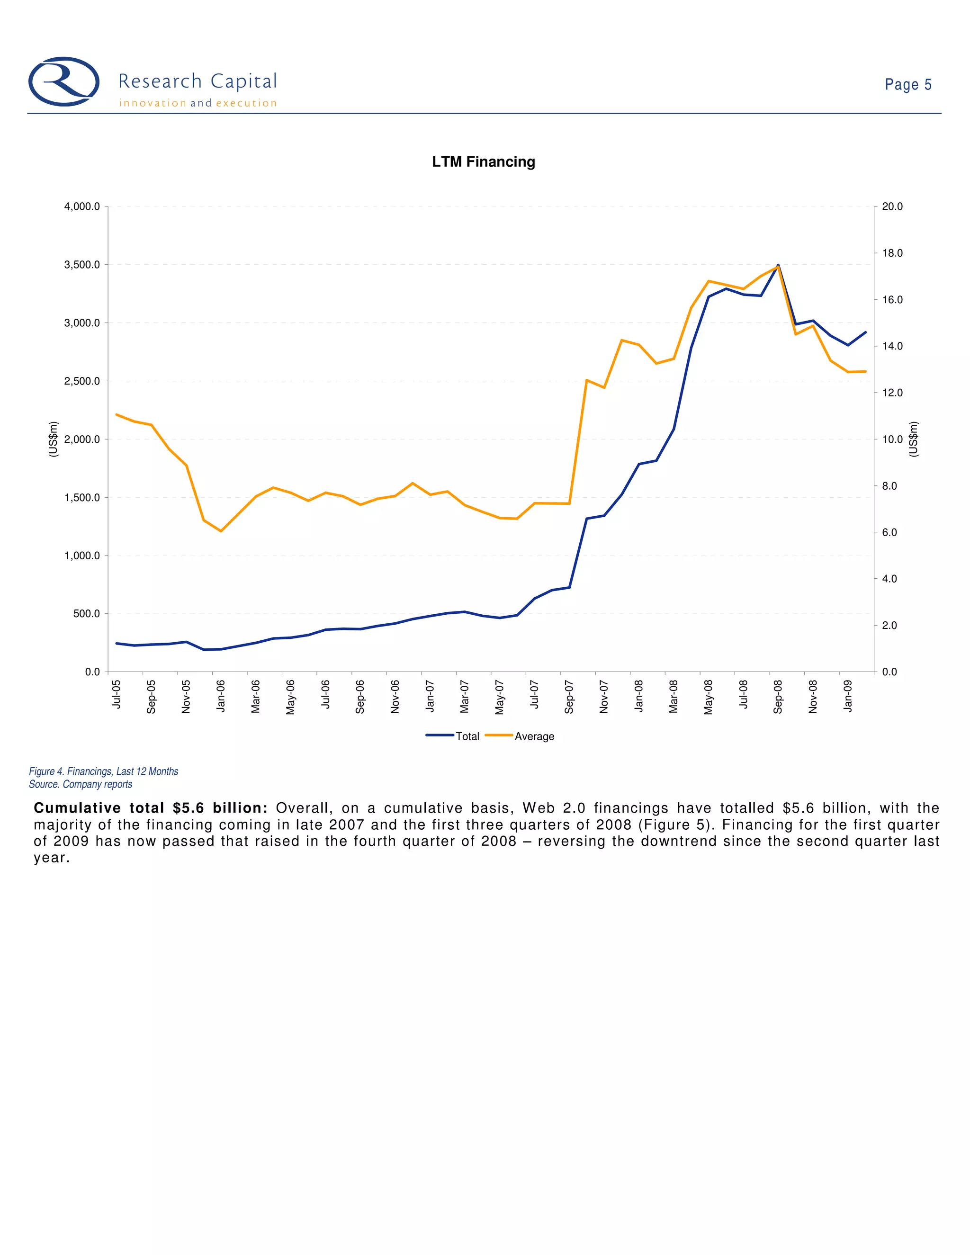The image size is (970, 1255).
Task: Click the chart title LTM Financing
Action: (483, 162)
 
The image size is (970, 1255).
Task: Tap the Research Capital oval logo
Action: (64, 81)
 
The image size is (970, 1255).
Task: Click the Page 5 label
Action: (907, 85)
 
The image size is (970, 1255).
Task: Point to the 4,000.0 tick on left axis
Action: (82, 207)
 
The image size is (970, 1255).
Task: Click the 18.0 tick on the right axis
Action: (892, 253)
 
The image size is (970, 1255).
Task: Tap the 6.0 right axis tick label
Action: (889, 533)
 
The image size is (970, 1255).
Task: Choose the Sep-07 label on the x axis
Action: (569, 697)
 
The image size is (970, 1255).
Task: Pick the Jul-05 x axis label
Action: (117, 694)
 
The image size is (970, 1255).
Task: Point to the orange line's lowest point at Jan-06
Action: (221, 531)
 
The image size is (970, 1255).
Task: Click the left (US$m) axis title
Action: (54, 439)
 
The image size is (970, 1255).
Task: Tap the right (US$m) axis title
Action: (913, 439)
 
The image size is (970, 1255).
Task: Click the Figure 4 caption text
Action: (103, 771)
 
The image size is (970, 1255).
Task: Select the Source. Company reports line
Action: (81, 784)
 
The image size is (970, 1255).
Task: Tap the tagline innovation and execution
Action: (198, 103)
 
